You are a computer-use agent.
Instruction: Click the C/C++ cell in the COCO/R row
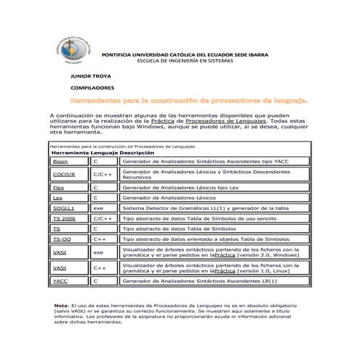[x=102, y=175]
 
